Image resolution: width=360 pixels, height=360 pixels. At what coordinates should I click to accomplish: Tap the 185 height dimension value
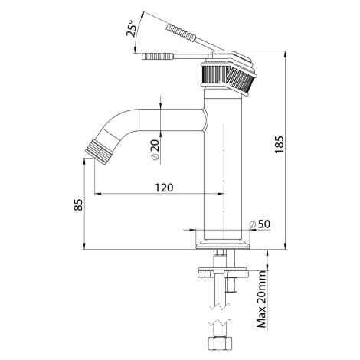pos(279,145)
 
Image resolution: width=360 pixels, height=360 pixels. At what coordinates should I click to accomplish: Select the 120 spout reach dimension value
pos(164,188)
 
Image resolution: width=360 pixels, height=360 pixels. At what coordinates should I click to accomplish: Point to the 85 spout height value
pos(79,205)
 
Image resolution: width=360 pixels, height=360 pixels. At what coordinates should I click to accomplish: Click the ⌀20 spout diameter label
pos(155,150)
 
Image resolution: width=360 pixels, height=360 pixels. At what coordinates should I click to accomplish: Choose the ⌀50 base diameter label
pos(260,224)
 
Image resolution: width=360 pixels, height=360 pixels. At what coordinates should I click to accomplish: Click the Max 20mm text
pos(261,299)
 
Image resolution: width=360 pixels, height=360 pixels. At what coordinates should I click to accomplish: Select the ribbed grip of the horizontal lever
pos(158,56)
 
